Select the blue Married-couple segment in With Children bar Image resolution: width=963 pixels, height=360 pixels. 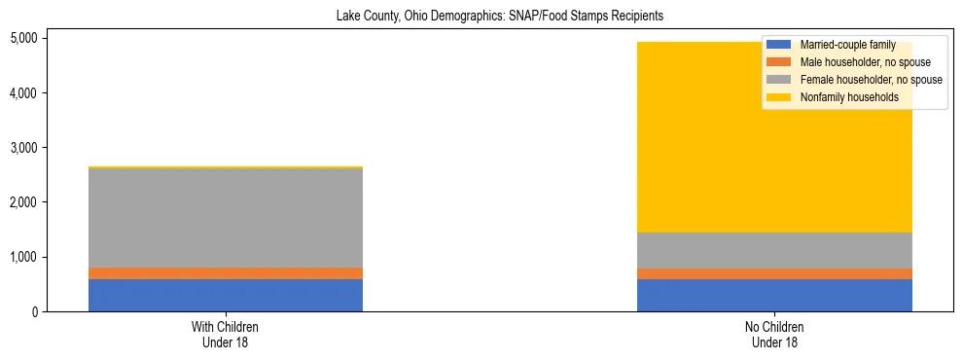tap(226, 295)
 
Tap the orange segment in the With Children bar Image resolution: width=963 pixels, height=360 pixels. tap(226, 273)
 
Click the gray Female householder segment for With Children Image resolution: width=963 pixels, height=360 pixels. tap(226, 218)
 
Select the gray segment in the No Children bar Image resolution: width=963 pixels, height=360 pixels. tap(774, 250)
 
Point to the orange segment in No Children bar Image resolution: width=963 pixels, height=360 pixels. tap(774, 274)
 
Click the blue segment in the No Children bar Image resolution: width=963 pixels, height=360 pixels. tap(774, 296)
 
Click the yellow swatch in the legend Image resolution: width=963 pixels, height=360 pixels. tap(779, 97)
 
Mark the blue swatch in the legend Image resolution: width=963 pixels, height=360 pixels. tap(779, 46)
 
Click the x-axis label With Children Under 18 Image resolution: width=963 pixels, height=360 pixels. tap(226, 335)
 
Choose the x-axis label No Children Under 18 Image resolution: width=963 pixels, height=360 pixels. tap(774, 335)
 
